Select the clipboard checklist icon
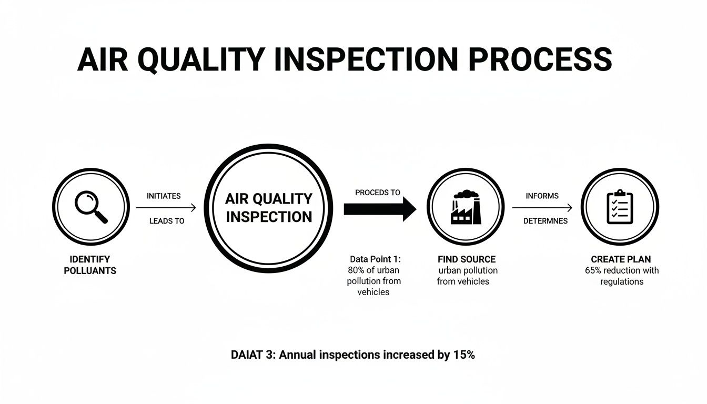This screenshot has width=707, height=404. pyautogui.click(x=620, y=207)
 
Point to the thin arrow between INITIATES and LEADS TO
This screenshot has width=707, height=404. pyautogui.click(x=166, y=208)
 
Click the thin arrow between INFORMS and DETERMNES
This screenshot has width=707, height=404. pyautogui.click(x=542, y=208)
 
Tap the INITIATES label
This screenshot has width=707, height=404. pyautogui.click(x=164, y=196)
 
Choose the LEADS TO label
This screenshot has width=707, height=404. pyautogui.click(x=167, y=221)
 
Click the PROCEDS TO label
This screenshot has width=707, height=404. pyautogui.click(x=378, y=193)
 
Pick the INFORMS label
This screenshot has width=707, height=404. pyautogui.click(x=542, y=196)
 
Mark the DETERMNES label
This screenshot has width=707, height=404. pyautogui.click(x=546, y=221)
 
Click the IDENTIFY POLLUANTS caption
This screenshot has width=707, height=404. pyautogui.click(x=90, y=265)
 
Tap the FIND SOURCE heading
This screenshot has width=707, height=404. pyautogui.click(x=467, y=259)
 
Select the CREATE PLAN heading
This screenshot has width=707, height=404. pyautogui.click(x=621, y=259)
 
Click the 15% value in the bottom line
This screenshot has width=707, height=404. pyautogui.click(x=463, y=355)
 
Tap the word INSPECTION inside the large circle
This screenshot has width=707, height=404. pyautogui.click(x=269, y=217)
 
